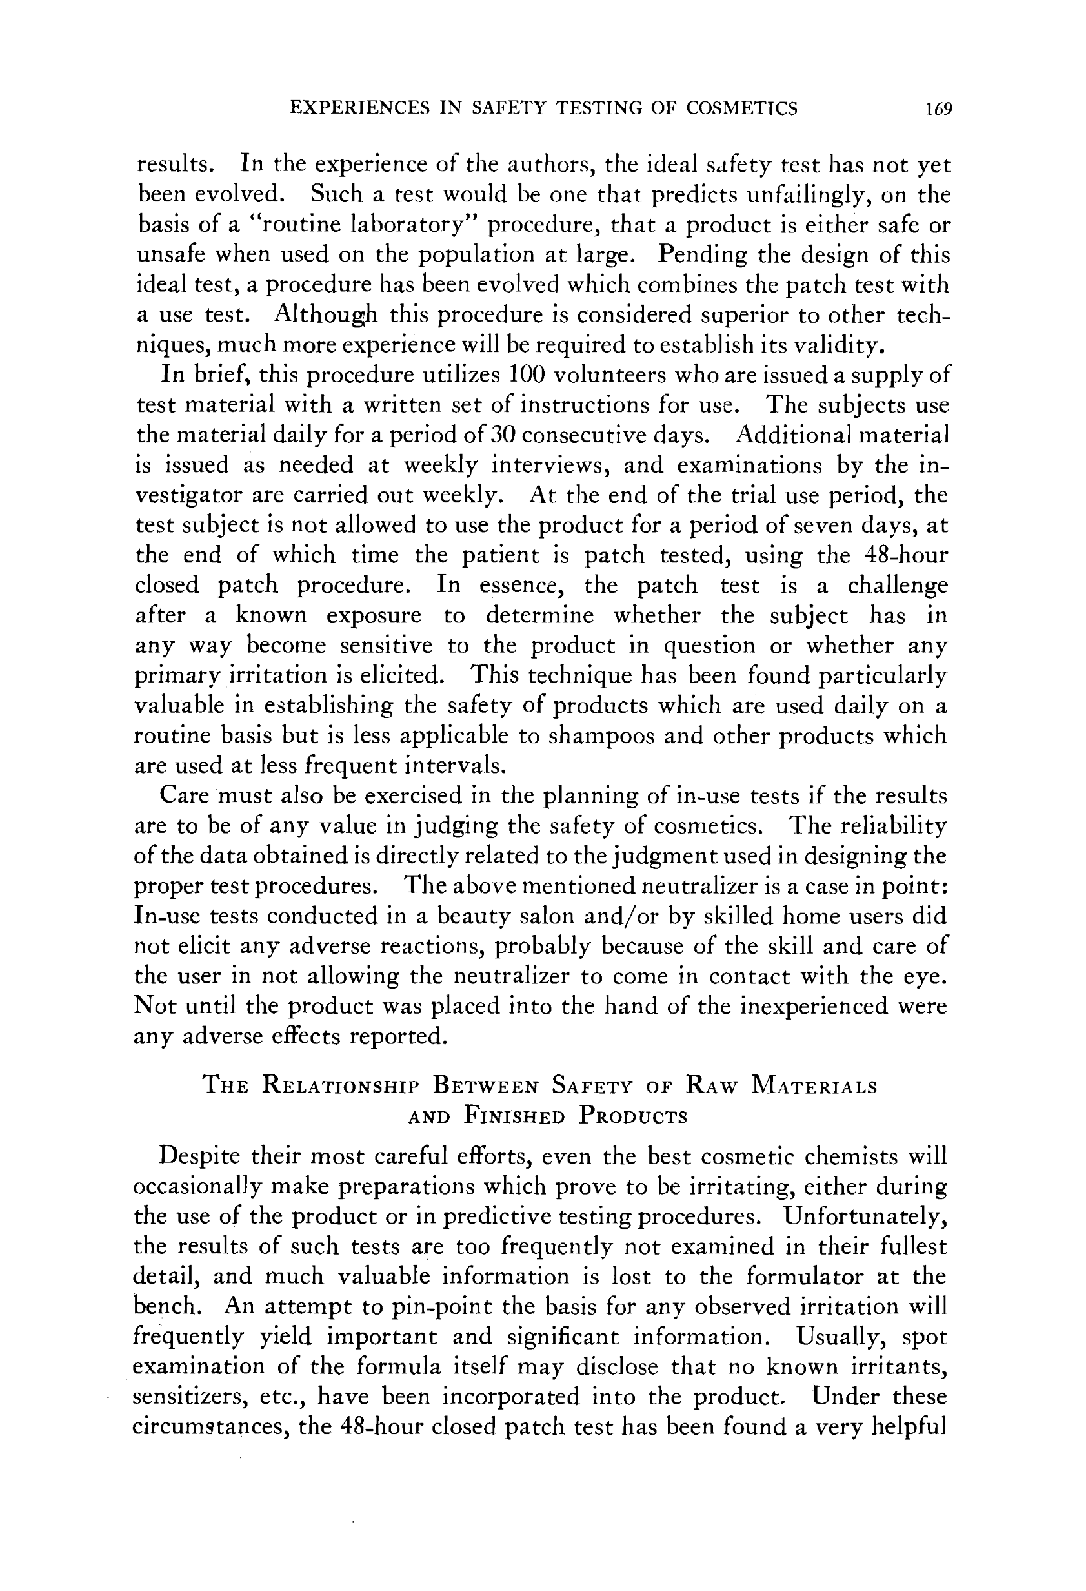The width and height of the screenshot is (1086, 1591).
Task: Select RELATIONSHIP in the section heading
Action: point(347,1087)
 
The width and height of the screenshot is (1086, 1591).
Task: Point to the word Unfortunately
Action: point(866,1216)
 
